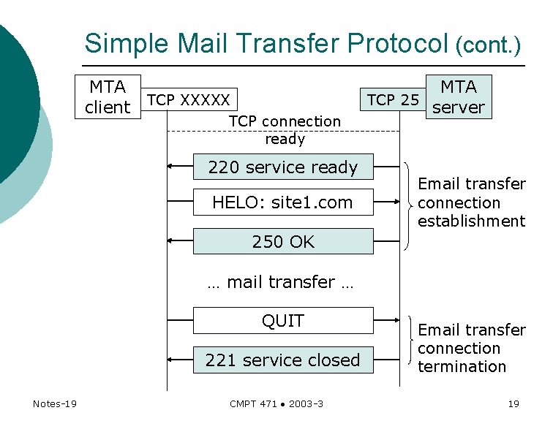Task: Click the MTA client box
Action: pos(108,97)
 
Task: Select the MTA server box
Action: pos(459,97)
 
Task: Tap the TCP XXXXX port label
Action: pos(189,99)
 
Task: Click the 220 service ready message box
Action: pos(283,167)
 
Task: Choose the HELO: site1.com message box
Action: pos(283,202)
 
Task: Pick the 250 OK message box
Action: pos(283,241)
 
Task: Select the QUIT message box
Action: pos(283,321)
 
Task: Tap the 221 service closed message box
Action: pos(283,360)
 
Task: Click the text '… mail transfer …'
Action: pos(280,282)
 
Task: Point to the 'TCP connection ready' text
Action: pos(285,130)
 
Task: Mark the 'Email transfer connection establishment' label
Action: pos(471,202)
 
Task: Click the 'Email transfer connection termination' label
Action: pos(471,349)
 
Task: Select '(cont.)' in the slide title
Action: pos(488,46)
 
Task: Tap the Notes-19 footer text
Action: pos(55,403)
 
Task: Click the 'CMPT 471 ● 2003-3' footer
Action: pos(276,403)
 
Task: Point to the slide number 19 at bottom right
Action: pos(513,403)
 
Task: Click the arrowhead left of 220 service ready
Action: pos(170,167)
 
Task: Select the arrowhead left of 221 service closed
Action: pos(170,360)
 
